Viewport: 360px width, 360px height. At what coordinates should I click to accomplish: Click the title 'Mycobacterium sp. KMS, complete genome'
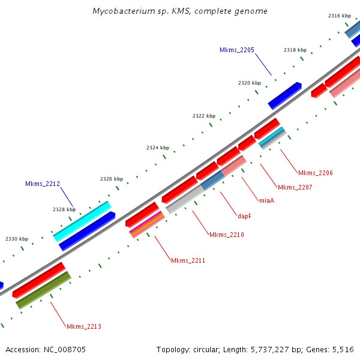(x=180, y=11)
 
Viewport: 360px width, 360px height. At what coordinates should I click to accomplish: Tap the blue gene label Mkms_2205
(x=237, y=50)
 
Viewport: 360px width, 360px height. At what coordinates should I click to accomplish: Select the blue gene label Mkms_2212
(x=43, y=184)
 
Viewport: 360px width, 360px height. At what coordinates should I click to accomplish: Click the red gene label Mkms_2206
(x=315, y=173)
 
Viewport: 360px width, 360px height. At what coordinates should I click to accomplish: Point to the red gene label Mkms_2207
(x=295, y=187)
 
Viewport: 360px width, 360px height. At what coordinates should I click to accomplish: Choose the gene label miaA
(x=266, y=200)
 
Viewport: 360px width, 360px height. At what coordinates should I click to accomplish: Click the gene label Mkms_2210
(x=226, y=234)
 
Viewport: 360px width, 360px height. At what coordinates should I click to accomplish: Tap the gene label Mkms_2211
(x=188, y=260)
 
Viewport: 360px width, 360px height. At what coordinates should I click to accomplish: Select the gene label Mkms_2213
(x=83, y=326)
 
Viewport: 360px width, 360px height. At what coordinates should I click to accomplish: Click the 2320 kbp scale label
(x=249, y=83)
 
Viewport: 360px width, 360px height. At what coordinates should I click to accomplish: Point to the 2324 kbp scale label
(x=158, y=148)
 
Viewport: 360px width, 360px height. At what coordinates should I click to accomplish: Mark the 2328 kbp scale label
(x=64, y=209)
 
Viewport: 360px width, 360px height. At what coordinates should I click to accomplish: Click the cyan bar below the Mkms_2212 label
(x=82, y=221)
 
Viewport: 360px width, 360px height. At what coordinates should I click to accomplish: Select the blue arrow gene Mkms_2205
(x=284, y=96)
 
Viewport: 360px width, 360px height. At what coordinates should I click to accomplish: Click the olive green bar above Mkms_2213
(x=43, y=290)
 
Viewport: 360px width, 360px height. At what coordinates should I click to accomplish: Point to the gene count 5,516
(x=343, y=349)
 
